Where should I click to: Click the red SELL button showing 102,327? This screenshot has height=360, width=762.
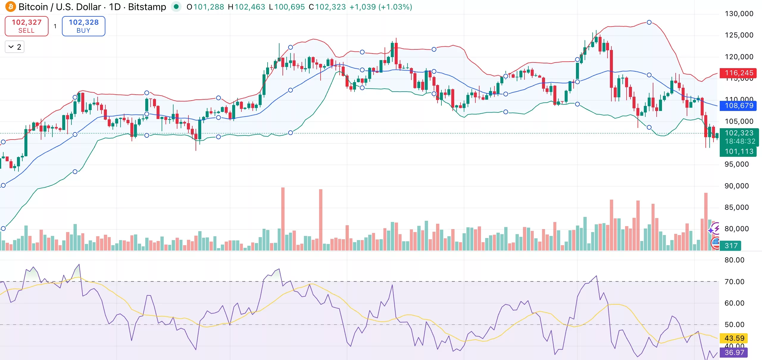click(x=26, y=26)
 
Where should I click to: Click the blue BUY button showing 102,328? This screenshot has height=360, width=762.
click(x=83, y=26)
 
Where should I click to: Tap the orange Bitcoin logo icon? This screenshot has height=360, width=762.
click(x=11, y=7)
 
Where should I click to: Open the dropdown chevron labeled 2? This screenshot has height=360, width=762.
click(x=15, y=47)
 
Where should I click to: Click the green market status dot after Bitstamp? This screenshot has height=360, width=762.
click(x=176, y=7)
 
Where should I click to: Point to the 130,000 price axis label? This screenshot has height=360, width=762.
click(x=739, y=14)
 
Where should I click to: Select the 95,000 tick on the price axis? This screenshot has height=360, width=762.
click(x=736, y=164)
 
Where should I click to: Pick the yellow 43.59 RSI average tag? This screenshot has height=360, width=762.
click(x=734, y=338)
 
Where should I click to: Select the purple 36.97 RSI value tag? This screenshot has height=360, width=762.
click(x=734, y=353)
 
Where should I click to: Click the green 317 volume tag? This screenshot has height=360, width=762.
click(x=731, y=246)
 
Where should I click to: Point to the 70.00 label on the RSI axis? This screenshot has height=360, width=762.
click(x=734, y=282)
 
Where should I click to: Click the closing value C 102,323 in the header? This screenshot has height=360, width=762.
click(x=327, y=7)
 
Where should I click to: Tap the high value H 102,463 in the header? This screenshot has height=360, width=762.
click(x=246, y=7)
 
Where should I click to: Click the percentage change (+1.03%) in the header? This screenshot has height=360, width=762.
click(x=395, y=7)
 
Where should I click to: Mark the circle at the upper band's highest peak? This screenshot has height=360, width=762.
click(x=649, y=22)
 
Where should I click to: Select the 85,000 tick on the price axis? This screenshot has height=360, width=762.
click(x=736, y=207)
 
